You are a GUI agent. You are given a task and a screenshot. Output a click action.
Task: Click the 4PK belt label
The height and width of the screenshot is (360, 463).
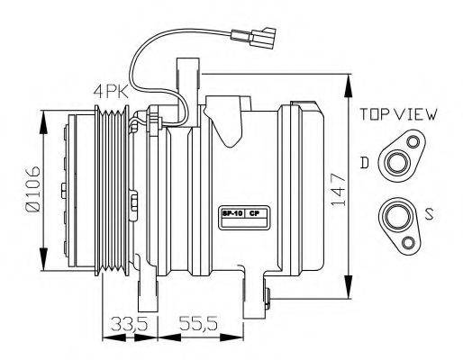tap(109, 91)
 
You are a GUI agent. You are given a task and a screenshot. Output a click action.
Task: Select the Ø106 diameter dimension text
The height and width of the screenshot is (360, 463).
tap(32, 192)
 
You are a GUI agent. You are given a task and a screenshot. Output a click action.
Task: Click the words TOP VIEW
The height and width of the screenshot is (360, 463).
tap(397, 115)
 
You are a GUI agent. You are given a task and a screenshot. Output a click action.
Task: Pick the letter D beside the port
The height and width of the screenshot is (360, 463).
tap(364, 162)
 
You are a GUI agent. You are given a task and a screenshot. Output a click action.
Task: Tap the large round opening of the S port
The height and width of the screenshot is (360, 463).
tap(395, 215)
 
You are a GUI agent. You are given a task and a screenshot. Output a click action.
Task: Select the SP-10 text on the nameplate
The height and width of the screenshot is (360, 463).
tap(231, 214)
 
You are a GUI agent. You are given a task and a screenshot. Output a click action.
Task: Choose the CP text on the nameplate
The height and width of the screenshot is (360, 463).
tap(254, 214)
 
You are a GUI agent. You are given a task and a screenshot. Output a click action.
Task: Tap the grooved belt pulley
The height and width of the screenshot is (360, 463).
tap(114, 190)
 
